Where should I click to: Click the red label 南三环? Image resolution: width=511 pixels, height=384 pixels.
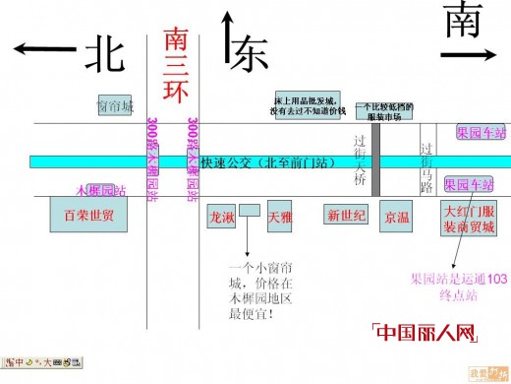pyautogui.click(x=176, y=65)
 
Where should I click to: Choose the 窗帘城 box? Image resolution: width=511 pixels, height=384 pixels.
pyautogui.click(x=114, y=105)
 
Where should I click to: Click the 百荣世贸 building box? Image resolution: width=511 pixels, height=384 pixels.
pyautogui.click(x=88, y=214)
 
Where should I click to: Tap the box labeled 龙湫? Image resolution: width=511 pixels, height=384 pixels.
pyautogui.click(x=222, y=217)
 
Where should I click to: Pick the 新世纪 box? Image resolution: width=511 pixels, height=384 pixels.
pyautogui.click(x=346, y=215)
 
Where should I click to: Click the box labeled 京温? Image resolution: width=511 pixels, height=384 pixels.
pyautogui.click(x=398, y=216)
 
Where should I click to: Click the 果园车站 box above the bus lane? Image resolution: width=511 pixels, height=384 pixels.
pyautogui.click(x=481, y=131)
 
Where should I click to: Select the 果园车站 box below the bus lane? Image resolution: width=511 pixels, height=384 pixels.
pyautogui.click(x=469, y=184)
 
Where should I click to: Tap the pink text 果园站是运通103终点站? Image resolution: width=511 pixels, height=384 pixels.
pyautogui.click(x=457, y=286)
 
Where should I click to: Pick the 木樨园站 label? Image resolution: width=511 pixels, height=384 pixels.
pyautogui.click(x=101, y=189)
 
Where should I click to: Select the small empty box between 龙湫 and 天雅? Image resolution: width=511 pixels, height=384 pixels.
pyautogui.click(x=250, y=210)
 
